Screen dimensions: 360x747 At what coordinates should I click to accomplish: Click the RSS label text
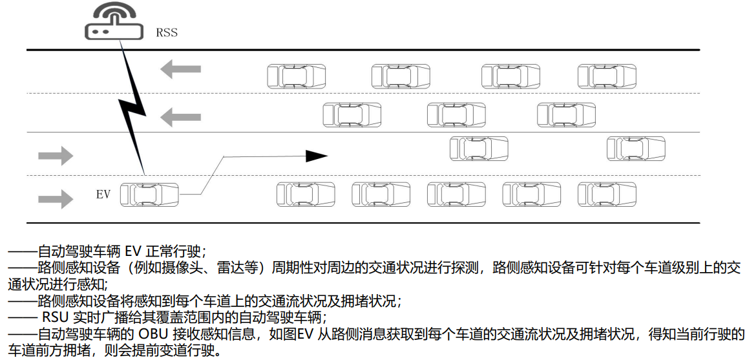pos(166,32)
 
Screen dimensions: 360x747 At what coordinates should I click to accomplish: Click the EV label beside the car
pos(103,193)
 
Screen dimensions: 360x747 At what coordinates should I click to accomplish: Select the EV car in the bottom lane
pos(150,194)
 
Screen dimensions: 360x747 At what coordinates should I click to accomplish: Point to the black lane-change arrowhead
pos(317,156)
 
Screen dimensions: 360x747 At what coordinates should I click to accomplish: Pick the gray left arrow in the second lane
pos(180,117)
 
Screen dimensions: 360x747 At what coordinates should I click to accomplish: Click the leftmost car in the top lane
pos(297,76)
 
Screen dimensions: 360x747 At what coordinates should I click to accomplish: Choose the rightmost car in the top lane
pos(607,76)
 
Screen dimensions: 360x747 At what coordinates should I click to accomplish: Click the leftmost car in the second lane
pos(352,115)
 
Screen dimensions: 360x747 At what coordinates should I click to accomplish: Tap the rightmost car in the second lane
pos(567,115)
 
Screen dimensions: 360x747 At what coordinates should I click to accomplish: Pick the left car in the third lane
pos(479,149)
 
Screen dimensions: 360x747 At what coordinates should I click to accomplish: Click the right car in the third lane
pos(636,149)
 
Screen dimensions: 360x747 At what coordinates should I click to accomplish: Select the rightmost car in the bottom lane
pos(607,194)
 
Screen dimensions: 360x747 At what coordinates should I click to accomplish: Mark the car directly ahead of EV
pos(306,194)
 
